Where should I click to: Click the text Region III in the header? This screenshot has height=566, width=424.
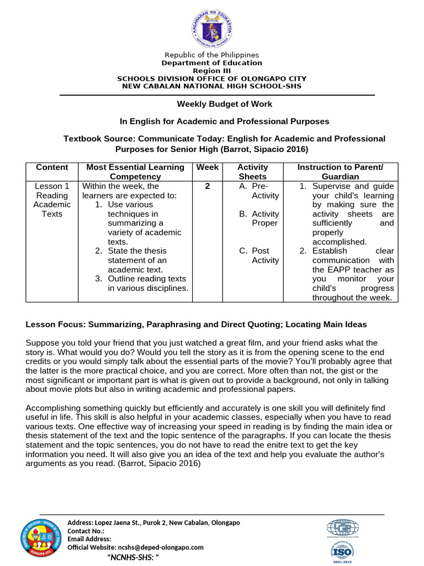pyautogui.click(x=212, y=71)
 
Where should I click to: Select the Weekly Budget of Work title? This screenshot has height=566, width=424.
pyautogui.click(x=224, y=104)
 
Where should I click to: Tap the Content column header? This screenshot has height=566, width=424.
pyautogui.click(x=52, y=167)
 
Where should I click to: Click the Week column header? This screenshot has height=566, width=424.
pyautogui.click(x=207, y=167)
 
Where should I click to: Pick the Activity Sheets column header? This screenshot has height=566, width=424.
pyautogui.click(x=252, y=171)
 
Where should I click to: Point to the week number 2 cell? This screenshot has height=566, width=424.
pyautogui.click(x=207, y=186)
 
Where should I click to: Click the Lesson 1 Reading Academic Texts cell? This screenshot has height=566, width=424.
pyautogui.click(x=52, y=200)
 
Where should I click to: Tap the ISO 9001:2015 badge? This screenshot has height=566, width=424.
pyautogui.click(x=342, y=549)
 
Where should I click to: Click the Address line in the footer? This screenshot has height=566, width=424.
pyautogui.click(x=153, y=523)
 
